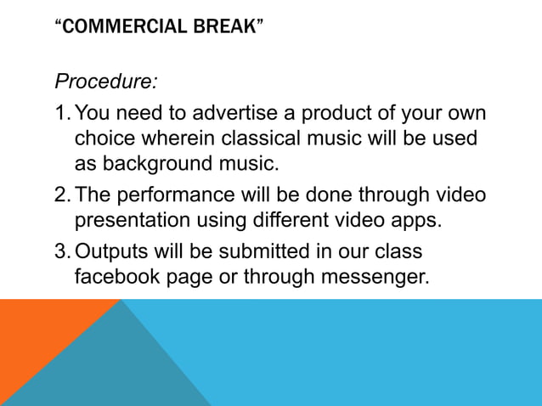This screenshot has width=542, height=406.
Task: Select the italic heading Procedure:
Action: click(106, 82)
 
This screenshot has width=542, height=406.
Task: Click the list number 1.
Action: click(61, 114)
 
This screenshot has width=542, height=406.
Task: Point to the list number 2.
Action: click(61, 195)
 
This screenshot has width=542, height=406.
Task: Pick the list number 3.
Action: click(61, 252)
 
